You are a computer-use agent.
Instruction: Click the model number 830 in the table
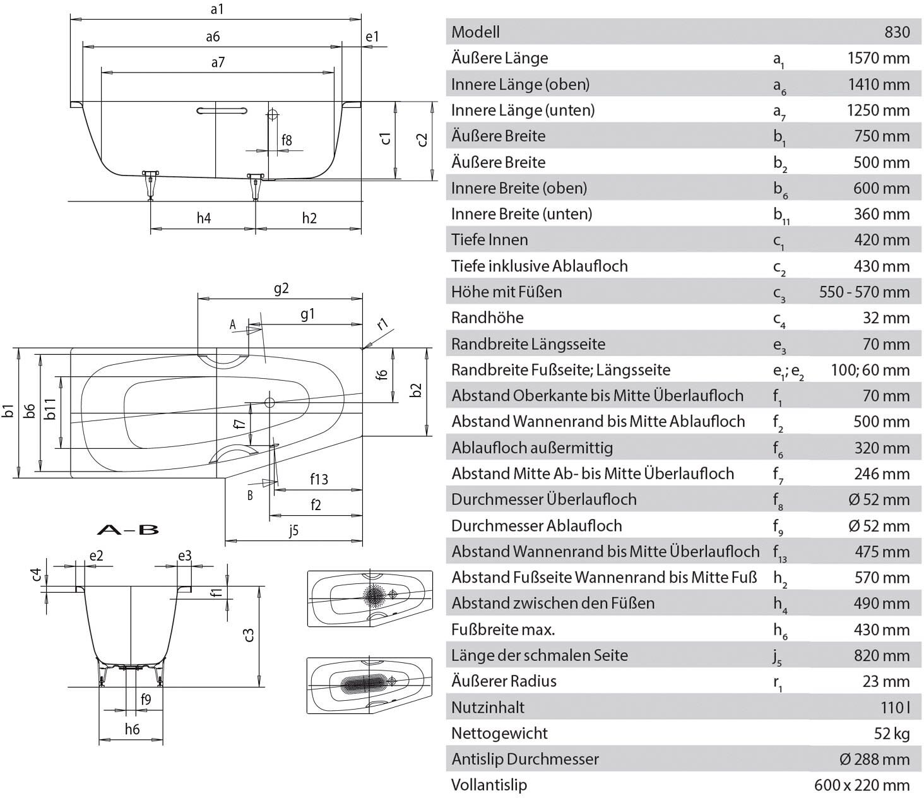tap(897, 32)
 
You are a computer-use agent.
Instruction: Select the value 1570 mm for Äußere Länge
tap(879, 58)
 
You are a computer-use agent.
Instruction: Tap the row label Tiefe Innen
tap(490, 240)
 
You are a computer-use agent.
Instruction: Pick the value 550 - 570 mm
tap(864, 292)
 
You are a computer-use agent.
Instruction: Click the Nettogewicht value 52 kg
tap(892, 733)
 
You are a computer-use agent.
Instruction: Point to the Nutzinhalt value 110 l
tap(896, 707)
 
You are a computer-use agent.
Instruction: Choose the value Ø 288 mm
tap(874, 759)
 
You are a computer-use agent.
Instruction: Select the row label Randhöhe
tap(487, 318)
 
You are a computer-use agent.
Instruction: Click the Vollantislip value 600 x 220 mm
tap(862, 785)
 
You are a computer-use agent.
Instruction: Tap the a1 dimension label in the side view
tap(217, 9)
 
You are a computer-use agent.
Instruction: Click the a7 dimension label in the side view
tap(218, 62)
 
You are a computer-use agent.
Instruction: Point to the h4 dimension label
tap(204, 218)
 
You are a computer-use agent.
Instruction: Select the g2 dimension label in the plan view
tap(281, 289)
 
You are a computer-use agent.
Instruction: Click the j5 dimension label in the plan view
tap(293, 531)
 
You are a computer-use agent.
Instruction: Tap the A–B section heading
tap(128, 530)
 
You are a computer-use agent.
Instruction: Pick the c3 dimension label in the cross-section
tap(249, 635)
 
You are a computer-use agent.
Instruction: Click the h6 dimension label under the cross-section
tap(133, 729)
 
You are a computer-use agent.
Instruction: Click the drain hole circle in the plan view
tap(269, 403)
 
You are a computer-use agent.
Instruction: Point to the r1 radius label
tap(382, 324)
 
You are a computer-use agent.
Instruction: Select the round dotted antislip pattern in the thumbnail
tap(374, 595)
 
